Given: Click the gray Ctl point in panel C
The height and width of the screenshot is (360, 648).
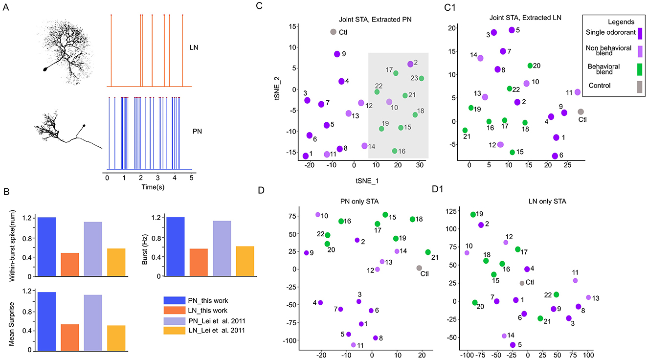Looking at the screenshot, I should point(333,32).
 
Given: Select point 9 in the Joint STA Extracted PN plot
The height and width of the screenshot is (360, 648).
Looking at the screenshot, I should point(337,54).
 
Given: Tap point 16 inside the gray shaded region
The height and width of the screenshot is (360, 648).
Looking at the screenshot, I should point(395,151).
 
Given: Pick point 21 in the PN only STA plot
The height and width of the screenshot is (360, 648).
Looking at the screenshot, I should point(428,252).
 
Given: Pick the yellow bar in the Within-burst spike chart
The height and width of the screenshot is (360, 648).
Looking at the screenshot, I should point(116,262).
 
